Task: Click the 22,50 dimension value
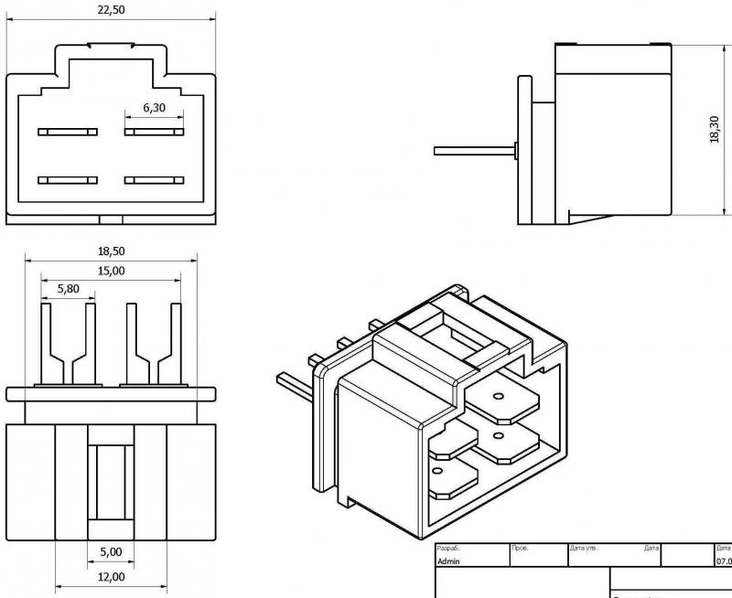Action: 111,9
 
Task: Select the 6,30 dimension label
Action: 154,108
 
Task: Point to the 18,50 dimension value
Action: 111,251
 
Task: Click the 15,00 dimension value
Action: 111,271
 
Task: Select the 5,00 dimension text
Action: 111,552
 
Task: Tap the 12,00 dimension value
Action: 111,577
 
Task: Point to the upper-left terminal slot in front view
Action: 68,132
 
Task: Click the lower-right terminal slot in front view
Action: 154,180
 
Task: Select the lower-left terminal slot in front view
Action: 68,180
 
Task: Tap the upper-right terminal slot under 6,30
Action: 154,132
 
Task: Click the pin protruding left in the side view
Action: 474,150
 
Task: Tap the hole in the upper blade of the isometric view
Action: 499,397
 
